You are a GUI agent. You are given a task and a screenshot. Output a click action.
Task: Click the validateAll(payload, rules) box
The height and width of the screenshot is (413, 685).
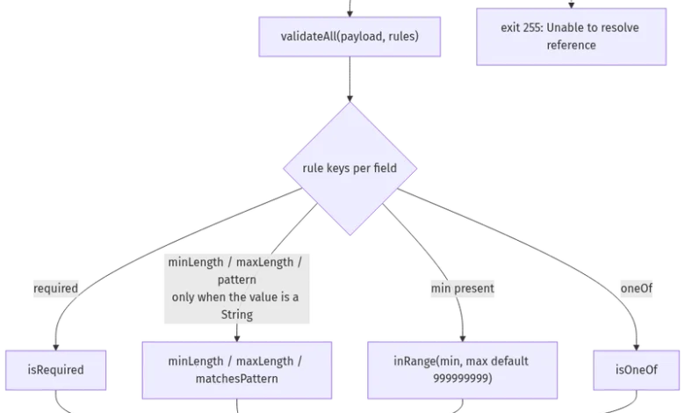(x=350, y=37)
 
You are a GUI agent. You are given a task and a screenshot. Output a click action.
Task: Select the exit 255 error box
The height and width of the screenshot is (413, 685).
(x=572, y=37)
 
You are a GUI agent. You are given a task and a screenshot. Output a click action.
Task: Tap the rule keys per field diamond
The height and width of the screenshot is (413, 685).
(x=350, y=168)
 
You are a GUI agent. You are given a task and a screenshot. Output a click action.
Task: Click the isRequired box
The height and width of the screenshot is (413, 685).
(x=55, y=370)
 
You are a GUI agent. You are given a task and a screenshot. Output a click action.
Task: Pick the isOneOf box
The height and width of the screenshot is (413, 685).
(x=636, y=370)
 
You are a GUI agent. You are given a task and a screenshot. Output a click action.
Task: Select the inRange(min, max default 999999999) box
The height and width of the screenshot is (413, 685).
(x=462, y=370)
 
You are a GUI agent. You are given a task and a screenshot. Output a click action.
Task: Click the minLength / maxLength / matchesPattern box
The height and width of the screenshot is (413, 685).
(x=237, y=370)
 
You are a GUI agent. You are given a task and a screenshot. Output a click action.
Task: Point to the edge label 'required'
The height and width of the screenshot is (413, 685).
(x=55, y=288)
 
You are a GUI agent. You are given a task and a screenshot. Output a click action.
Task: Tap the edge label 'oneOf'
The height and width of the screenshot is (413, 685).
(x=636, y=288)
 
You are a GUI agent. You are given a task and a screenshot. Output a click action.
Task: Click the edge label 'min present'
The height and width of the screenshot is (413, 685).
(x=462, y=288)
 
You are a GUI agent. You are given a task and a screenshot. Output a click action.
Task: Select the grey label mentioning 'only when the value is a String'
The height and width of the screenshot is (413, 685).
(x=237, y=288)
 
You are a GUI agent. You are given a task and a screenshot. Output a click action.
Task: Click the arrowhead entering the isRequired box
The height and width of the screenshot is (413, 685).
(x=55, y=347)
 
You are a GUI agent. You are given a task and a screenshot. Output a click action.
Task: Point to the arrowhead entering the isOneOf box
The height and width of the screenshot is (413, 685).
(x=636, y=347)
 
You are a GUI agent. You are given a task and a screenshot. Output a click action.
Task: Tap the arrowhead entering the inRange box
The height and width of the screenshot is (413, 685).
(x=462, y=338)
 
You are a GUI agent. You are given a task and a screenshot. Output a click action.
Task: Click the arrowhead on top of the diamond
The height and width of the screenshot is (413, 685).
(x=350, y=98)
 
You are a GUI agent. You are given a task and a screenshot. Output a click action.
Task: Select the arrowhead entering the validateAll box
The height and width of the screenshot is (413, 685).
(x=350, y=14)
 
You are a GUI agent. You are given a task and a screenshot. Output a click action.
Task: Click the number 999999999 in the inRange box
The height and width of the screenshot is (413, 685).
(x=462, y=379)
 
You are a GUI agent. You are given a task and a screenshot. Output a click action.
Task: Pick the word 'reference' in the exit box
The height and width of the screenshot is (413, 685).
(x=572, y=45)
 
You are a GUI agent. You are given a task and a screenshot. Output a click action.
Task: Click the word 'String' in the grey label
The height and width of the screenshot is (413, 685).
(x=237, y=315)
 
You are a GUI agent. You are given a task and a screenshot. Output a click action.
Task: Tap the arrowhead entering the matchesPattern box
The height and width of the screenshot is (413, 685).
(x=237, y=338)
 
